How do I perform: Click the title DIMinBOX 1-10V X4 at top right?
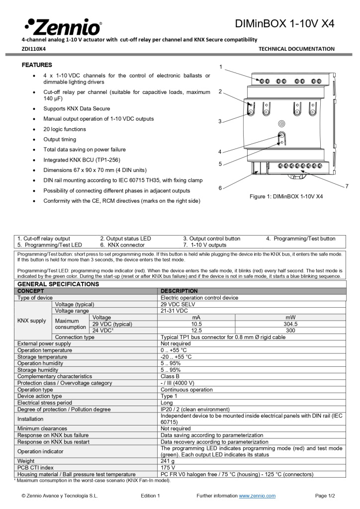coord(285,23)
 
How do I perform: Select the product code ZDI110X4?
coord(33,49)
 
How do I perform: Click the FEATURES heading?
coord(37,65)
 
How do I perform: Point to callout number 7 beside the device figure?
coord(347,185)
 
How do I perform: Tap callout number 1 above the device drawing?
coord(221,67)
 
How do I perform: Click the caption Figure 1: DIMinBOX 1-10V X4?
coord(286,196)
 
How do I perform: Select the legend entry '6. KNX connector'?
coord(122,245)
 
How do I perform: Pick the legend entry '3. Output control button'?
coord(211,239)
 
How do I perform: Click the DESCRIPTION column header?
coord(179,291)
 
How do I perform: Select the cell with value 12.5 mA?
coord(196,331)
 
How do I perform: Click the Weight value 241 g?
coord(167,461)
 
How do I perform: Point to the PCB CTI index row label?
coord(35,468)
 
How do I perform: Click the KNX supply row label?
coord(32,321)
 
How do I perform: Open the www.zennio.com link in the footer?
coord(257,496)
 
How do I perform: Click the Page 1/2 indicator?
coord(325,496)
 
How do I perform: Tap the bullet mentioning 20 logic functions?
coord(65,129)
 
